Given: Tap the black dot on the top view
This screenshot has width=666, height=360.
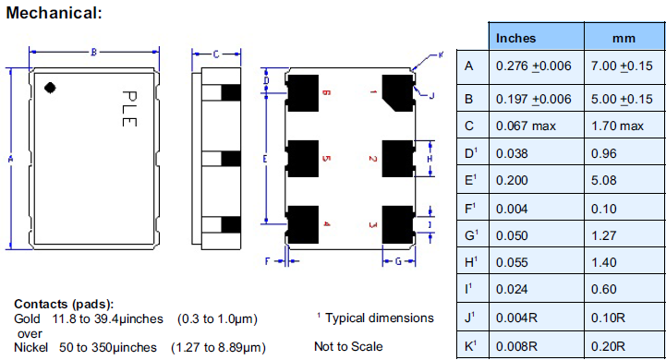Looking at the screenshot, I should (x=52, y=88).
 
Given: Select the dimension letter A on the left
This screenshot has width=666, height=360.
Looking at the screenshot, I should (x=10, y=159).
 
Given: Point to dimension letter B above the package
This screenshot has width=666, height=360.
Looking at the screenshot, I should (x=93, y=53).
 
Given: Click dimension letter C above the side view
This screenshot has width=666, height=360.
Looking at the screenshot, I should (x=214, y=54).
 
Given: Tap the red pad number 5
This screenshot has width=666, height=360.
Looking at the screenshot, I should (x=326, y=159).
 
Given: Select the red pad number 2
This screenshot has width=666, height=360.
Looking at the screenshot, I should (x=372, y=159).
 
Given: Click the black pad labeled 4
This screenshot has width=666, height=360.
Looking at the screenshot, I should (x=302, y=223).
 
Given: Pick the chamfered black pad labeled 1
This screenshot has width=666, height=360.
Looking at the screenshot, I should (x=398, y=93).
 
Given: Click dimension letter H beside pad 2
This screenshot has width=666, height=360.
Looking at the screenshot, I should (x=429, y=159).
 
